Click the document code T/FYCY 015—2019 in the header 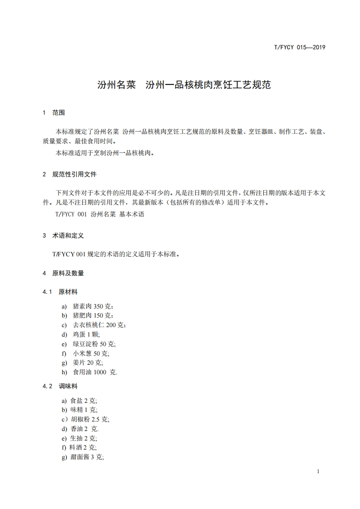300,47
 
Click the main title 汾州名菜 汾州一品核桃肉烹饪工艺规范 184,85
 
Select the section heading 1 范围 54,113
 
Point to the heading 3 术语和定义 63,236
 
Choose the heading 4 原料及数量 63,273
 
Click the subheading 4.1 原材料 60,292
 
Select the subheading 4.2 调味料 60,386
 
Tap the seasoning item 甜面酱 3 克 87,457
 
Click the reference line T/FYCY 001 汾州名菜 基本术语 99,214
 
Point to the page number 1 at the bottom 318,471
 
